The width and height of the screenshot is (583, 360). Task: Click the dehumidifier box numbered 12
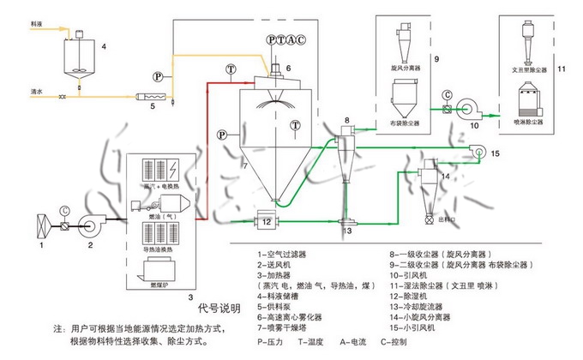tap(266, 222)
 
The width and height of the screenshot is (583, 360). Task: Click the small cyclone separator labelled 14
tap(426, 179)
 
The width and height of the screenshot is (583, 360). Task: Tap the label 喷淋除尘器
tap(528, 123)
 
